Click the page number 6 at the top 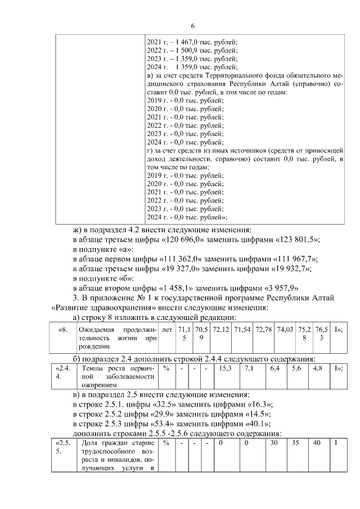[x=192, y=26]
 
